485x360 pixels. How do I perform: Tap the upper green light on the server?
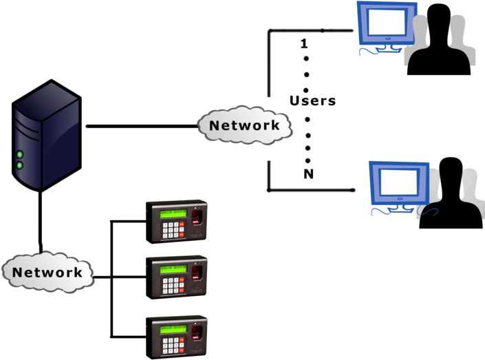20,154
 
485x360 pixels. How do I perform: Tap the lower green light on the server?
20,165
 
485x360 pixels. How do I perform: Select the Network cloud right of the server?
244,125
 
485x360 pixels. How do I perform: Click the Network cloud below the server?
47,272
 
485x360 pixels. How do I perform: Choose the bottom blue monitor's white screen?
398,182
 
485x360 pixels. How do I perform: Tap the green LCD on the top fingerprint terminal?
172,213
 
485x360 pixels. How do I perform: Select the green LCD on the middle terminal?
172,270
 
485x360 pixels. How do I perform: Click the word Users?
314,100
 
